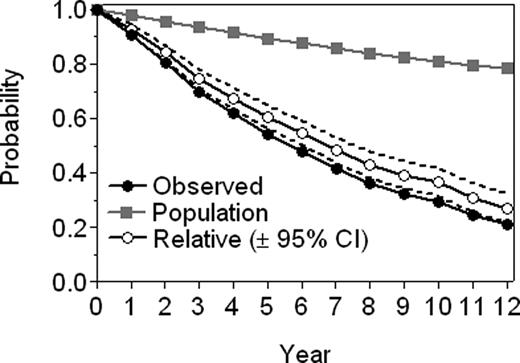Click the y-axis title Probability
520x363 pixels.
(x=14, y=145)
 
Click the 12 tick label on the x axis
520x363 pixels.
(x=507, y=303)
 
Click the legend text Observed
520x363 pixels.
(x=208, y=185)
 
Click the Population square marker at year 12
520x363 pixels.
(x=508, y=68)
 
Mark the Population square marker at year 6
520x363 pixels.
(x=302, y=43)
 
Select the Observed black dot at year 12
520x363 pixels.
(x=508, y=225)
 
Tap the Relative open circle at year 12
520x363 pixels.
(x=508, y=209)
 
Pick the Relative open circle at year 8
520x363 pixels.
(x=371, y=164)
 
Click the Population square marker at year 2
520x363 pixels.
(x=165, y=21)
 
